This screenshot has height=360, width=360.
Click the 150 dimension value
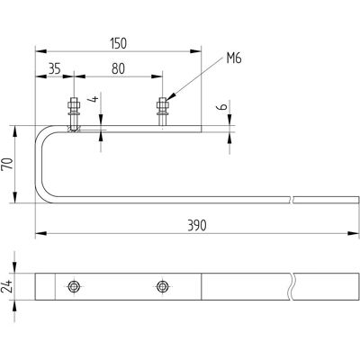click(x=118, y=43)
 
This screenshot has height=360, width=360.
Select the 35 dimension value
click(x=54, y=68)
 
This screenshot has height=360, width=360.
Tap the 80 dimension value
click(x=118, y=68)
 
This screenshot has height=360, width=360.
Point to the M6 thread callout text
click(x=234, y=58)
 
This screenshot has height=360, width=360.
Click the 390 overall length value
click(x=197, y=226)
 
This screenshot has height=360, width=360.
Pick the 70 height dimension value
click(x=8, y=164)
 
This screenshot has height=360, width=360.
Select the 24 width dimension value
click(x=6, y=286)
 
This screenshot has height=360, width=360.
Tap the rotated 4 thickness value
click(x=94, y=99)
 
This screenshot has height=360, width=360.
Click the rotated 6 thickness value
click(x=222, y=107)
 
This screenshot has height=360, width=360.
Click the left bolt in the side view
click(x=74, y=113)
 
